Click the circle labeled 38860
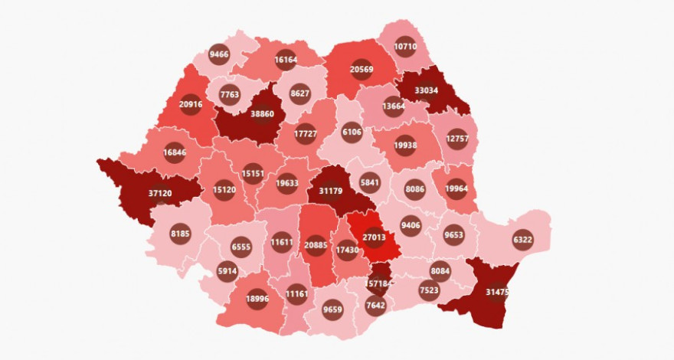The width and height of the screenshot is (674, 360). pos(262,114)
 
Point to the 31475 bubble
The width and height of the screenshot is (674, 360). pos(497,292)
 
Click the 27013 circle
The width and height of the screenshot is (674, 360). pos(373,237)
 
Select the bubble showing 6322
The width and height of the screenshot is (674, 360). pos(524,238)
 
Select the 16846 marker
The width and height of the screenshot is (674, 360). pos(175,152)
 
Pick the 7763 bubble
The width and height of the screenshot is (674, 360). pos(230,95)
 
